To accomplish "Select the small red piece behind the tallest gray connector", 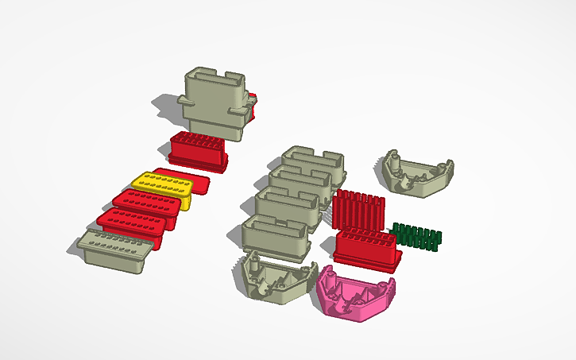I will (253, 107).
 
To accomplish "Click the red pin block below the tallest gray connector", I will (199, 151).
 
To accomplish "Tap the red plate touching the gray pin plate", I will (131, 226).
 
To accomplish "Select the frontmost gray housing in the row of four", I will (274, 238).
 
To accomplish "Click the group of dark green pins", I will (417, 237).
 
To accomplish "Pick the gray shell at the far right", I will (416, 174).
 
